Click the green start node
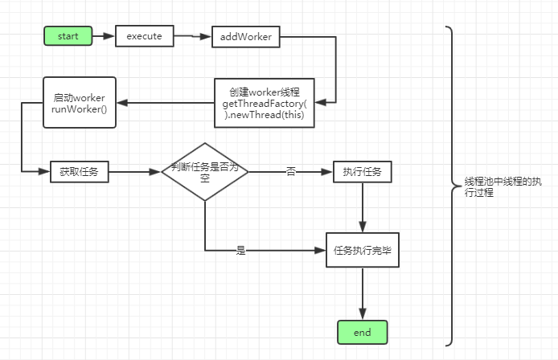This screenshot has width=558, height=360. (x=68, y=35)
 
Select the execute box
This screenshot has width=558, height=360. (x=145, y=35)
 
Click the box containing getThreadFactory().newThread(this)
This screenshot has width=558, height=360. (x=265, y=103)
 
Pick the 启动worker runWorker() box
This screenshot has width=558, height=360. (x=80, y=102)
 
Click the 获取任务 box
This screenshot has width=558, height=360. (x=79, y=170)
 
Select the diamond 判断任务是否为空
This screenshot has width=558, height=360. (x=205, y=170)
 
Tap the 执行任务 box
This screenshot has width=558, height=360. (x=362, y=170)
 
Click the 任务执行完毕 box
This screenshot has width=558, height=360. (x=362, y=250)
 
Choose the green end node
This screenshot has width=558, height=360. (x=362, y=331)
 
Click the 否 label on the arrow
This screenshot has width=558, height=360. (x=290, y=171)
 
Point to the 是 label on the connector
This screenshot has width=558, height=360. (x=240, y=251)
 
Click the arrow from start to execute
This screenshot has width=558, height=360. (x=104, y=35)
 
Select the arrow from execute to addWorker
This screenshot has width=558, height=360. (x=193, y=36)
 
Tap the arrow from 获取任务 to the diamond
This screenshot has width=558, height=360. (x=134, y=170)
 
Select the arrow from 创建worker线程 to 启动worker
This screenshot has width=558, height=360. (x=166, y=102)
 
